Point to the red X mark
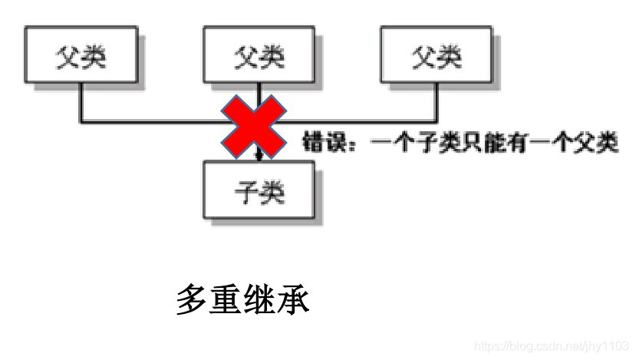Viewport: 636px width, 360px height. point(253,125)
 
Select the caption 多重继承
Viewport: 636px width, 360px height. point(242,300)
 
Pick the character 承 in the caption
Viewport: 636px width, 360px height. point(294,300)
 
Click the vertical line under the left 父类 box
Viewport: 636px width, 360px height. point(81,104)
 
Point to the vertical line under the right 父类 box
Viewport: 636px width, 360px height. point(437,104)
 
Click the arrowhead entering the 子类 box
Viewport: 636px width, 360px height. point(259,157)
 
